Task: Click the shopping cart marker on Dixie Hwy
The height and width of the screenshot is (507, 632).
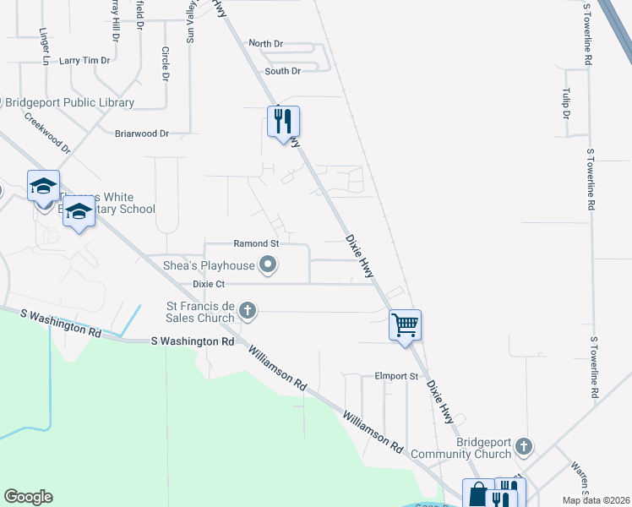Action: tap(406, 324)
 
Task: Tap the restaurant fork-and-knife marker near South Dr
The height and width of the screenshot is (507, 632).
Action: tap(284, 121)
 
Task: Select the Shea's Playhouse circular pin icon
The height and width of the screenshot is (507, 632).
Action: tap(269, 265)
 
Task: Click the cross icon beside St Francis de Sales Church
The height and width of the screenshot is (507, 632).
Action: tap(248, 310)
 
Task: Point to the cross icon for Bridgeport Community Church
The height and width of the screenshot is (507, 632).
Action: tap(524, 445)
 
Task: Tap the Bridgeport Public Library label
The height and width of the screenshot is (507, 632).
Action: tap(70, 103)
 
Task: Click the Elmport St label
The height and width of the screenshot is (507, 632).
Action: tap(396, 375)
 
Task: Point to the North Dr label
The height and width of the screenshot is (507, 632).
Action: tap(266, 43)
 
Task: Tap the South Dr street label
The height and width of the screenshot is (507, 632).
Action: tap(282, 71)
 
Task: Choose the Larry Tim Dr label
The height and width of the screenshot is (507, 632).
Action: tap(85, 61)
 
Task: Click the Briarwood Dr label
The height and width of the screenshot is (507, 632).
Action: tap(142, 134)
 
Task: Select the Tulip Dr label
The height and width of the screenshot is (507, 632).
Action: tap(566, 102)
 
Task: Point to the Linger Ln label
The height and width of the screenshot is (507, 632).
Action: tap(43, 46)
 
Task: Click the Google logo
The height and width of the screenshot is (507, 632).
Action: tap(28, 497)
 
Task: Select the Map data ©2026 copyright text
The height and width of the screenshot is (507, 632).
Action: tap(595, 500)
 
